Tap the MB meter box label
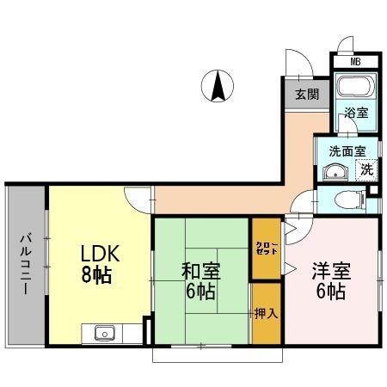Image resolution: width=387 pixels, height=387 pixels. tap(356, 61)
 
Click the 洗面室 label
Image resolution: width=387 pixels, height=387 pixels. tap(346, 150)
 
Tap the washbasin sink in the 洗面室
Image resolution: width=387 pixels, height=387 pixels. tap(333, 171)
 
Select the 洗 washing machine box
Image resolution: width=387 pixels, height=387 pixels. tap(367, 169)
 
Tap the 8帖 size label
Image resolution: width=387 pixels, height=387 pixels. tap(97, 276)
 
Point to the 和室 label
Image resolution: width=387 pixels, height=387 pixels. tap(200, 271)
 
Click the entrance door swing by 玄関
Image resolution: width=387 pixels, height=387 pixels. tap(297, 64)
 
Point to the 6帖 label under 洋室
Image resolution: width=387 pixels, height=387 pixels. tap(331, 292)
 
